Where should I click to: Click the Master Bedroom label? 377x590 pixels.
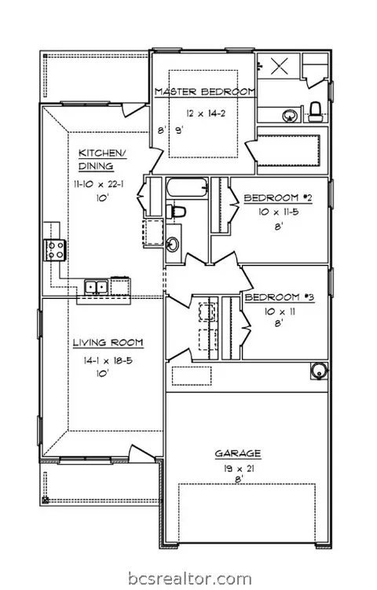[205, 91]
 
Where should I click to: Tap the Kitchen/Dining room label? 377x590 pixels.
[102, 160]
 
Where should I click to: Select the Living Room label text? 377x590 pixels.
[108, 342]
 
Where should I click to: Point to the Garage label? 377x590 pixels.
[238, 453]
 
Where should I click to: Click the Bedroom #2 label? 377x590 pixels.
[278, 198]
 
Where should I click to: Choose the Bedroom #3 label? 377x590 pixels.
[280, 297]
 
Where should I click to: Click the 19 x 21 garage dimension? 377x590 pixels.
[238, 469]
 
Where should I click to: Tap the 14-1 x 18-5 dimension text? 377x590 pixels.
[108, 360]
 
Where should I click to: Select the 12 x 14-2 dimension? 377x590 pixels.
[206, 112]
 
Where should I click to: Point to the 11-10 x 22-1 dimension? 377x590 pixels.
[99, 184]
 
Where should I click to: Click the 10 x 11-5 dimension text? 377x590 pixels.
[279, 212]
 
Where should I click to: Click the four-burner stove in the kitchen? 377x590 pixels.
[55, 250]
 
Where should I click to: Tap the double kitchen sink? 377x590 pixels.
[96, 287]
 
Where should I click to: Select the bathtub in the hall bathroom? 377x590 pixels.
[187, 187]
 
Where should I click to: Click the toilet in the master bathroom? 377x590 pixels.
[316, 112]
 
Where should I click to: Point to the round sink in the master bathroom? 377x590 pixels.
[290, 116]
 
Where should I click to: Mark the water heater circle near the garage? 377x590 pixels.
[319, 371]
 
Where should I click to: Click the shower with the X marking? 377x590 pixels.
[279, 66]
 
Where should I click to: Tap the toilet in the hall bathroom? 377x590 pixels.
[176, 212]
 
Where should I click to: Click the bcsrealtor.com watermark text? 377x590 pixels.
[190, 578]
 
